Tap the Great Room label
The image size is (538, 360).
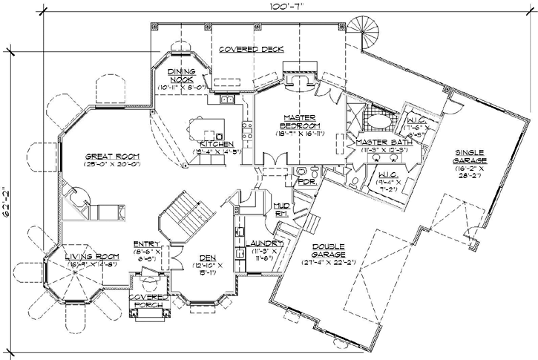tap(113, 157)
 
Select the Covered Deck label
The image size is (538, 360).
tap(252, 49)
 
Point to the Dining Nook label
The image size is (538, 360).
tap(181, 77)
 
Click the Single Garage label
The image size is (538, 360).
tap(473, 158)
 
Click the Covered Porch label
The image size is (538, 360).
tap(148, 301)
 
